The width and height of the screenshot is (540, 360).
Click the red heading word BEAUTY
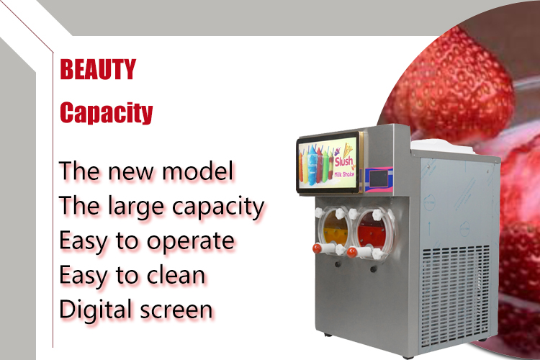tap(97, 70)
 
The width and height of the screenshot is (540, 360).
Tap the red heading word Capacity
tap(106, 113)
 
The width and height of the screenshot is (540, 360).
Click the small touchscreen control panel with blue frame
tap(379, 179)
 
